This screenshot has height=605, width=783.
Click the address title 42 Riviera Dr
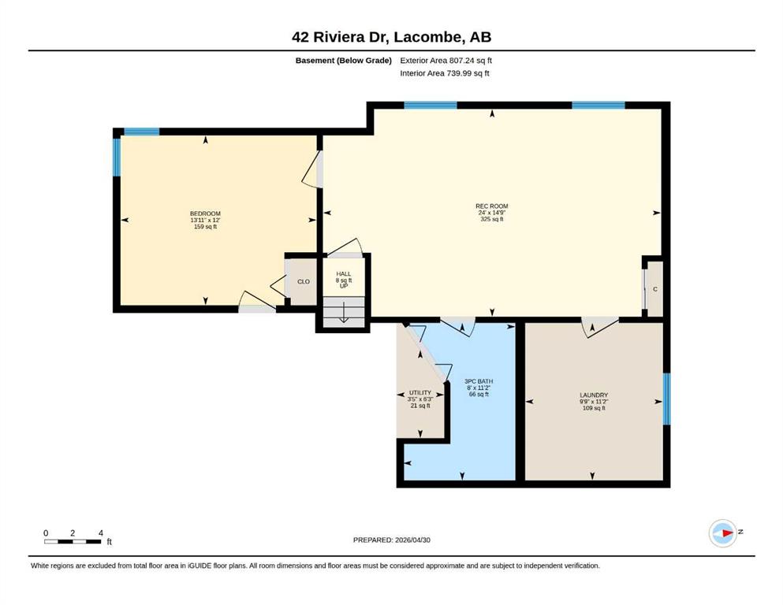(341, 37)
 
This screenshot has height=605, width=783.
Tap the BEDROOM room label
(205, 213)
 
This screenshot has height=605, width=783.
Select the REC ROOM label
(492, 206)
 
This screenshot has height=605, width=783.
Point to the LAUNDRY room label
(594, 395)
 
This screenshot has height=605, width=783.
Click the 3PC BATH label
(479, 381)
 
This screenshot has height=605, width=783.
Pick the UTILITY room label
(420, 392)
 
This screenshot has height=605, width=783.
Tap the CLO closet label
(304, 281)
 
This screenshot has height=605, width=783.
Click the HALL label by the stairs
(344, 274)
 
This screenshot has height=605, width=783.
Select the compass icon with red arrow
(723, 533)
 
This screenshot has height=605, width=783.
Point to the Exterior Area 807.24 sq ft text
(446, 61)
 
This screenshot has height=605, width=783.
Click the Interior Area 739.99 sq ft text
(445, 73)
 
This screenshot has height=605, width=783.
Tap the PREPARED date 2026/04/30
(391, 540)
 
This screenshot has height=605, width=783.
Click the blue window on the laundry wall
(666, 399)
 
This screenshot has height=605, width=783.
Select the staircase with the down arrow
(344, 312)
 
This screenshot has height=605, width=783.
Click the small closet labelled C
(654, 289)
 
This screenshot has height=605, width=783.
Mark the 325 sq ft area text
(492, 219)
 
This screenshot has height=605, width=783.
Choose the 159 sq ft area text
(205, 226)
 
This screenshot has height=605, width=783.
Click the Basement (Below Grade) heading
(344, 61)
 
